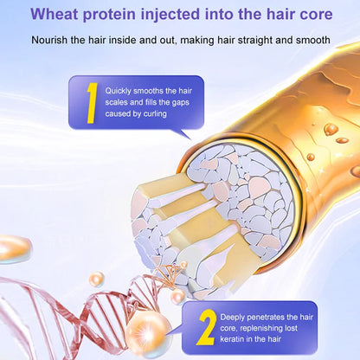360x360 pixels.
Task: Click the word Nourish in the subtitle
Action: [x=50, y=40]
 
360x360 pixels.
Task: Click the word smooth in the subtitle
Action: [x=310, y=40]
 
